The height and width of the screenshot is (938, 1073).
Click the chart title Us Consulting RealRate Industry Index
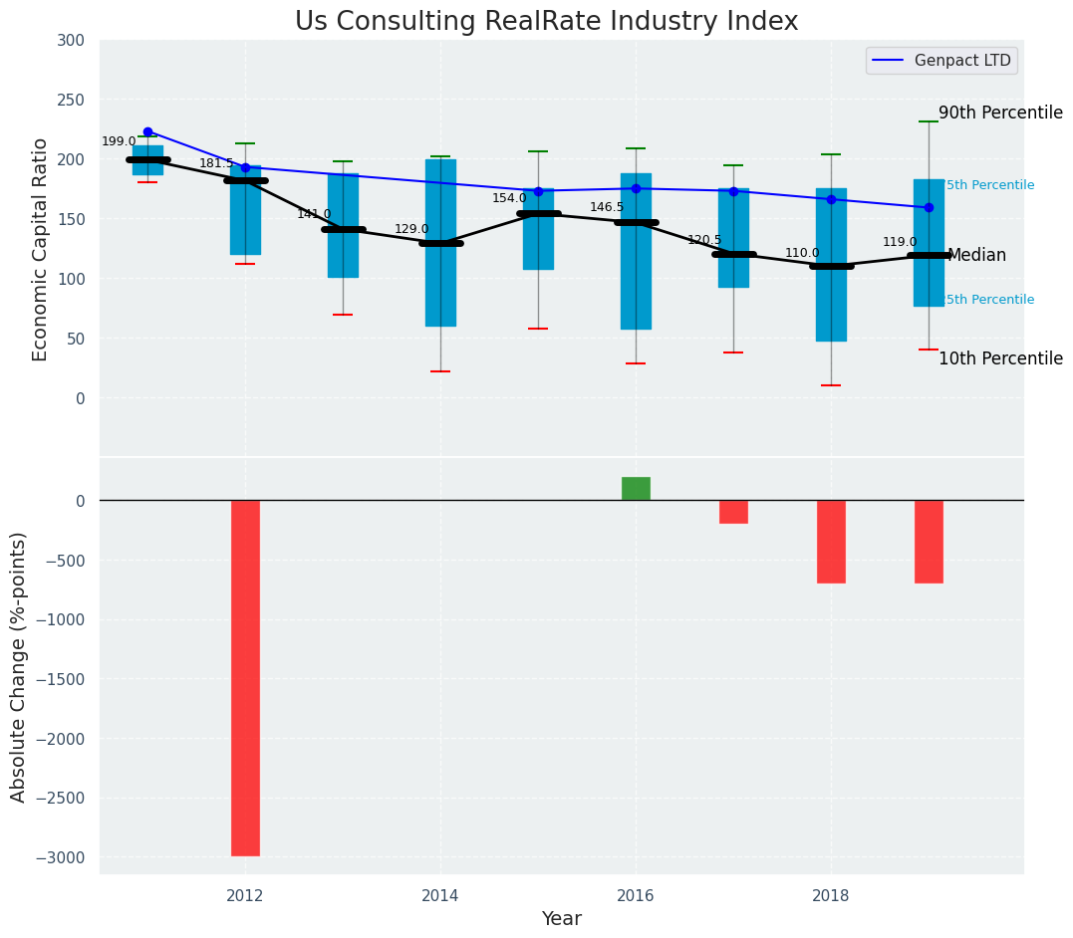546,22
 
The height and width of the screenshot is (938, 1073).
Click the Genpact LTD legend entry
941,61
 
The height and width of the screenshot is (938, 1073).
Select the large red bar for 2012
245,677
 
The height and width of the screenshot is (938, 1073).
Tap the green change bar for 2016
636,489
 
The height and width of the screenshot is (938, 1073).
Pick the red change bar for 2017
733,512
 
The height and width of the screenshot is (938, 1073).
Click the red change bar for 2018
831,542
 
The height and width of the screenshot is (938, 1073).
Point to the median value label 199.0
119,142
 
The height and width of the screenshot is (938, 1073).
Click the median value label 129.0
411,230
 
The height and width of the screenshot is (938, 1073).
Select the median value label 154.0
509,199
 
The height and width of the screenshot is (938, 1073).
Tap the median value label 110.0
802,254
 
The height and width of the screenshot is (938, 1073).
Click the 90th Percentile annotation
1000,114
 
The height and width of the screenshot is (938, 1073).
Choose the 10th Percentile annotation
1000,359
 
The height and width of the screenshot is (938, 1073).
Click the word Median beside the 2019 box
976,256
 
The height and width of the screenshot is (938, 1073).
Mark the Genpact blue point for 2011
147,131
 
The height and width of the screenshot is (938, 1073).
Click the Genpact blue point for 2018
831,199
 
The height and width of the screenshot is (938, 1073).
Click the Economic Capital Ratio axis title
41,249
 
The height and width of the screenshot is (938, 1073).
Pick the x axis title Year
561,919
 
